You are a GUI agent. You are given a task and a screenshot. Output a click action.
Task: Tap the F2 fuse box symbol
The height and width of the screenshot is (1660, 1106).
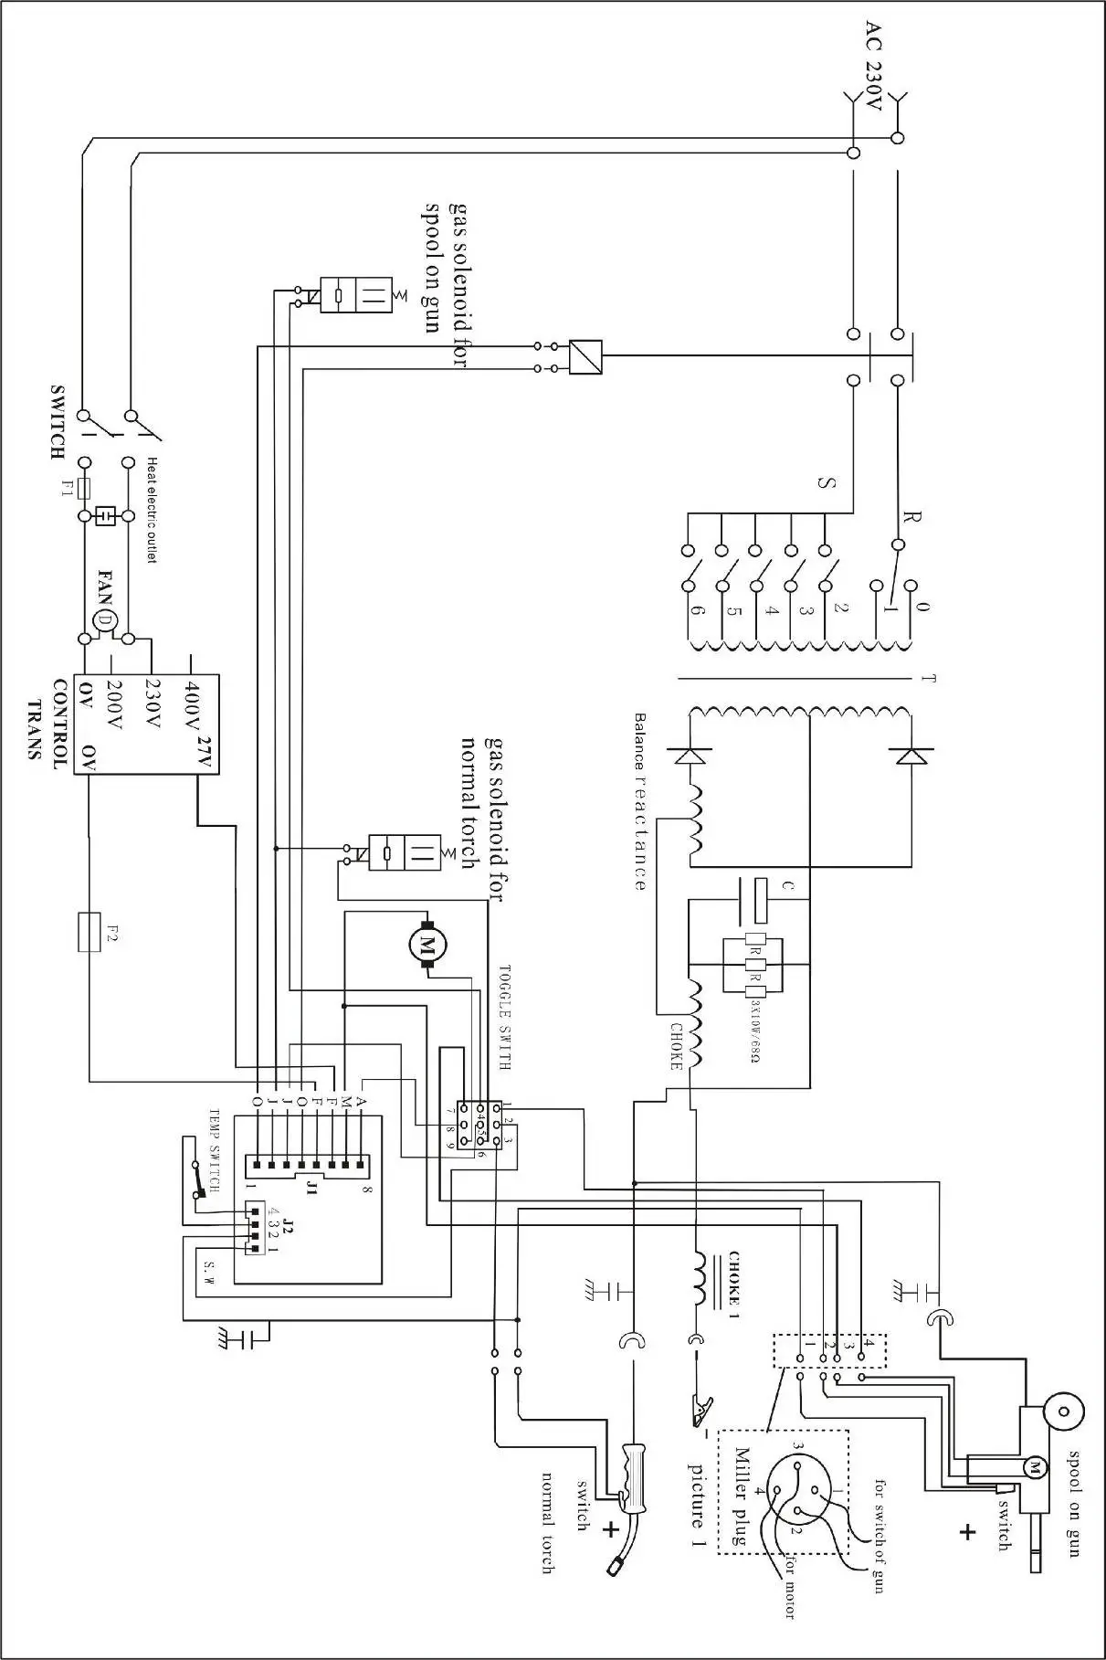click(x=90, y=932)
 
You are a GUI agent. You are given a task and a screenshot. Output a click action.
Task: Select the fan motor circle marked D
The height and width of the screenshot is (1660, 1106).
click(x=106, y=620)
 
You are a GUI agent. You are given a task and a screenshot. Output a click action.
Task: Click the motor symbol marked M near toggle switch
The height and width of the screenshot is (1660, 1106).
click(x=425, y=943)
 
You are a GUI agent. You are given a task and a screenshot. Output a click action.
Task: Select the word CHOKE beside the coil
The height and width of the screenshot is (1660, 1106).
click(x=677, y=1046)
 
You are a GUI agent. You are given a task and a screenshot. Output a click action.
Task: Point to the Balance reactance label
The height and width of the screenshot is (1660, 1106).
click(x=639, y=801)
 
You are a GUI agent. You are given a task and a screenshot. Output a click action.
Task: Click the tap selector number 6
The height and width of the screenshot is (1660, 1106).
click(x=696, y=612)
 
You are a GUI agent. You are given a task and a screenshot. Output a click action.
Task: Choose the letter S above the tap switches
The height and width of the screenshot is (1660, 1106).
click(x=826, y=482)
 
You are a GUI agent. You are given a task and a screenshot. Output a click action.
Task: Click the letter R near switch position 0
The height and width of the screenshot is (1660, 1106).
click(x=911, y=518)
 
